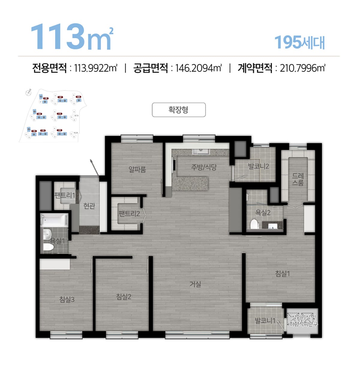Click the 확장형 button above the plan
click(179, 110)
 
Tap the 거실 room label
click(195, 284)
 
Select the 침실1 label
click(282, 274)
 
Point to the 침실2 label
click(124, 297)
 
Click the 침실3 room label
click(67, 299)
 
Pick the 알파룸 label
click(137, 169)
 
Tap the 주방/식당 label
click(204, 167)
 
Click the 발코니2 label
click(258, 166)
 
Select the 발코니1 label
click(265, 320)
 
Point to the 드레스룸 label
click(298, 179)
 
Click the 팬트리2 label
click(129, 214)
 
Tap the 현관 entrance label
click(89, 206)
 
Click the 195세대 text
click(299, 43)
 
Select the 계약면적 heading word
click(255, 68)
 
